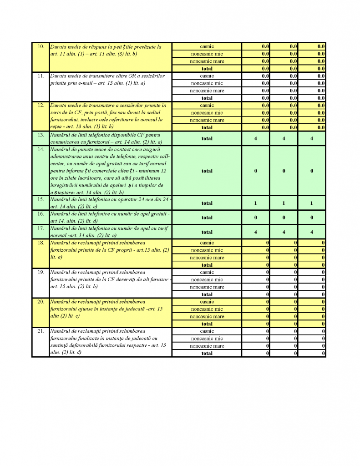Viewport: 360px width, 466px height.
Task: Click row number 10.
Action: (x=41, y=46)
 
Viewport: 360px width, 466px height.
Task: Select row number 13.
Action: (x=41, y=135)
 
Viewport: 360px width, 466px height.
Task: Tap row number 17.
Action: (x=41, y=228)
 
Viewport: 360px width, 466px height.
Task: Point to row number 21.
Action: (x=41, y=331)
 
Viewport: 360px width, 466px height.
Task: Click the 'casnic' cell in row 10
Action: (x=207, y=46)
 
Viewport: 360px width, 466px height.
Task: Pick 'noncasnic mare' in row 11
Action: (x=207, y=91)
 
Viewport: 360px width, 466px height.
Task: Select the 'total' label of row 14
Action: (x=207, y=171)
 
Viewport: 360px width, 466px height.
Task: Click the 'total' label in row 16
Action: (x=207, y=218)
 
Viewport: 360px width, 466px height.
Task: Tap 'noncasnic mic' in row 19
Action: (x=207, y=279)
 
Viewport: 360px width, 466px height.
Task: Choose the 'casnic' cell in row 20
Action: (x=207, y=302)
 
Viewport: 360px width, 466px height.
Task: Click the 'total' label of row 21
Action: (x=207, y=353)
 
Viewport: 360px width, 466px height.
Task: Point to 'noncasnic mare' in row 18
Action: (x=207, y=258)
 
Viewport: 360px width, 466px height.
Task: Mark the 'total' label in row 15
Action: (x=207, y=203)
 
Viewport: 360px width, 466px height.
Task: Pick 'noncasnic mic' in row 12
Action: (x=207, y=113)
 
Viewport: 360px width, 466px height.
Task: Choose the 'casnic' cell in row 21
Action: (x=207, y=331)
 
